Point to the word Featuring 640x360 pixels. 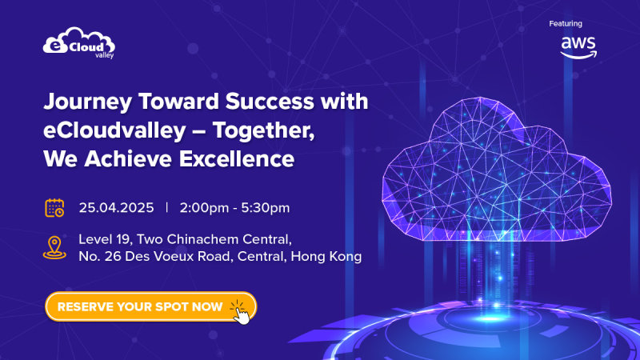pos(566,24)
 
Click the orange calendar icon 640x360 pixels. pos(54,208)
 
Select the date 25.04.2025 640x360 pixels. pos(116,208)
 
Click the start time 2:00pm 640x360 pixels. pos(203,208)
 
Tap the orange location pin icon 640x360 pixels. pos(54,247)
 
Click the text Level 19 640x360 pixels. pos(105,239)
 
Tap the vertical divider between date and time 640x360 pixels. pos(167,208)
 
